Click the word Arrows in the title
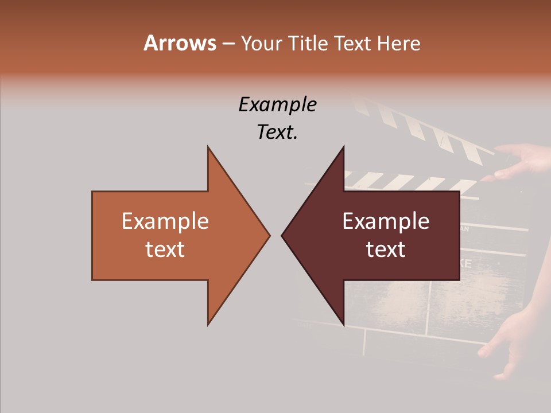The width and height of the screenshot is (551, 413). click(x=180, y=43)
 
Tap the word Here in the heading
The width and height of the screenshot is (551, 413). click(x=399, y=43)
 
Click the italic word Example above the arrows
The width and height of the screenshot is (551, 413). click(x=277, y=104)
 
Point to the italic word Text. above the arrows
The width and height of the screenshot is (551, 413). click(x=277, y=132)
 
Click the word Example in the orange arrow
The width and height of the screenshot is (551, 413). click(x=165, y=221)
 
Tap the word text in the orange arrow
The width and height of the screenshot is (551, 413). click(x=165, y=249)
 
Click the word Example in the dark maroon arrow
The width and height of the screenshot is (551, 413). click(x=386, y=221)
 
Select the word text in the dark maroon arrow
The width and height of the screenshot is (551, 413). click(x=386, y=249)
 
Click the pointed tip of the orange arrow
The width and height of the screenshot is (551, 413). click(x=269, y=235)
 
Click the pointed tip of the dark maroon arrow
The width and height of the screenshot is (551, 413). click(x=282, y=235)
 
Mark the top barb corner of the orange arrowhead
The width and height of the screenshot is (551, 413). click(x=208, y=147)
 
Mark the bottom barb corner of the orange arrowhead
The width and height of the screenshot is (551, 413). click(x=208, y=325)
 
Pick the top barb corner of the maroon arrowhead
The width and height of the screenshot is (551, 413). click(x=343, y=147)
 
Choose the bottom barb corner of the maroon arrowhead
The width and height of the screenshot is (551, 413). click(x=343, y=325)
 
